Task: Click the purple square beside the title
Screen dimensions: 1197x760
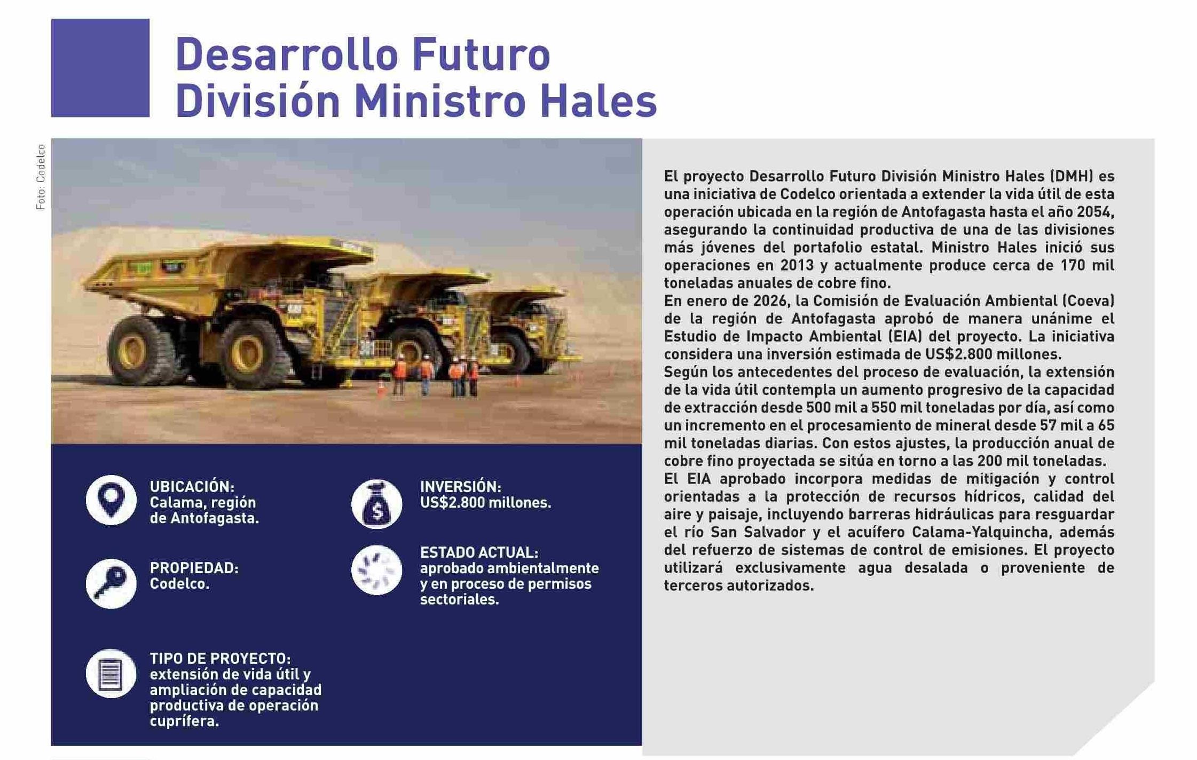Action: click(100, 68)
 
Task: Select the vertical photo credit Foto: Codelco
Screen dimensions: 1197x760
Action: click(41, 177)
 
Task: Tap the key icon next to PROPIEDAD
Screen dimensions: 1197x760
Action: click(111, 583)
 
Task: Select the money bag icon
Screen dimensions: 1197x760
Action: click(376, 504)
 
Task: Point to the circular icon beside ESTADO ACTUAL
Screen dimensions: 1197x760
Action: click(376, 570)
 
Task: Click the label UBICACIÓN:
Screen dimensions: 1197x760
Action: click(192, 487)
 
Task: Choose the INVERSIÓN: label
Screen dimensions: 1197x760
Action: click(461, 487)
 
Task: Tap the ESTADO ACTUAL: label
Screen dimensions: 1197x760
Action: click(479, 552)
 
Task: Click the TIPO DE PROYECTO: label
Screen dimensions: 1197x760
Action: click(220, 658)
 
